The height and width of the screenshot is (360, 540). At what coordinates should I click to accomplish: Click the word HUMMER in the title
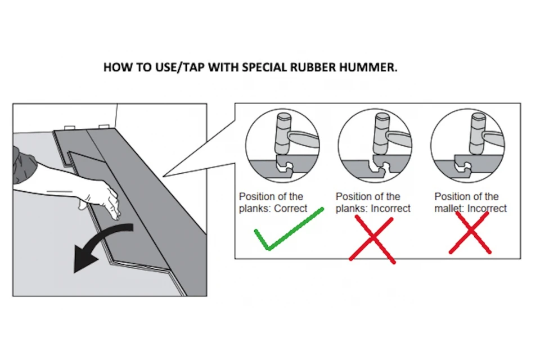(x=368, y=67)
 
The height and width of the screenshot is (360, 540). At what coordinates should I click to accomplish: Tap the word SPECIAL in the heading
(x=264, y=67)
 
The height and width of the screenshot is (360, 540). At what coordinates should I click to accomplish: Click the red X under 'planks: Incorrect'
(x=373, y=238)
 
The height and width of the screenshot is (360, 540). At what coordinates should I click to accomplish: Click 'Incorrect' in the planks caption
(x=391, y=209)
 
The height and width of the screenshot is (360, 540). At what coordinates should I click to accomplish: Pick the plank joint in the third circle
(x=465, y=166)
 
